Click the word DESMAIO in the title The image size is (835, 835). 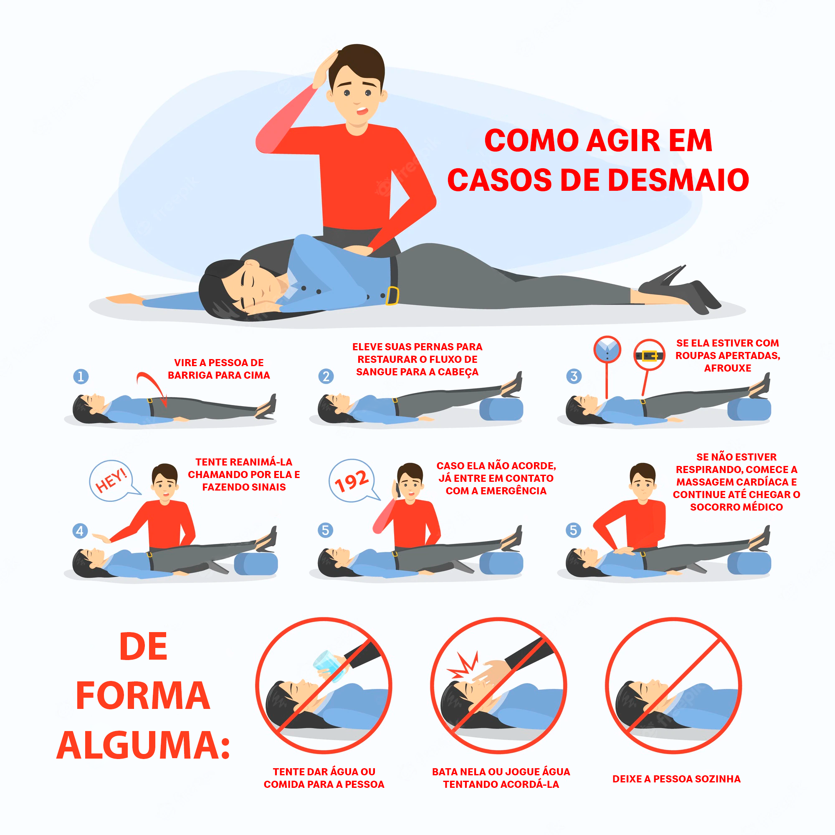678,180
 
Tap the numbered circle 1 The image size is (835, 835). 81,377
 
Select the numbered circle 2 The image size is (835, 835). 326,377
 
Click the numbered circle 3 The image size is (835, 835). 574,377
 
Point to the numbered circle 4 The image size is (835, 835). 80,531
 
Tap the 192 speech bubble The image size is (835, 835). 352,481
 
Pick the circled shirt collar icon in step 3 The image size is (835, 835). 607,349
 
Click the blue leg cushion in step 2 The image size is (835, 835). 501,409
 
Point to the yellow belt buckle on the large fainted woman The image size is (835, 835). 392,296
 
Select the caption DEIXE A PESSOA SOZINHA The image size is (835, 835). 676,779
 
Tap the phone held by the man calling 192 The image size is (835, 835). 395,488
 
